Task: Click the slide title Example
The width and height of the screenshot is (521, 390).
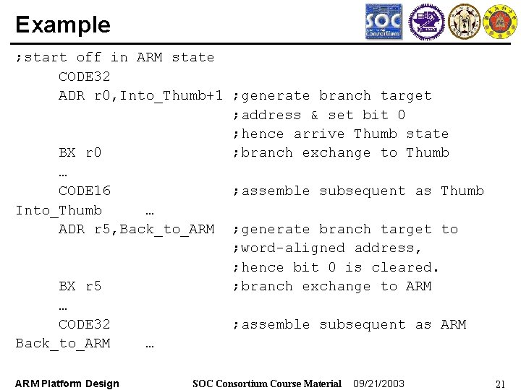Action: pyautogui.click(x=63, y=25)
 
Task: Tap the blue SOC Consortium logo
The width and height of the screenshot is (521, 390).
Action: pyautogui.click(x=384, y=22)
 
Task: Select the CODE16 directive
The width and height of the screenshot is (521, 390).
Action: pyautogui.click(x=85, y=191)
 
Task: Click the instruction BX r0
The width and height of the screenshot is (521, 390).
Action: pyautogui.click(x=80, y=153)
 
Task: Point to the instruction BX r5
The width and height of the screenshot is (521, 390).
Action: pyautogui.click(x=80, y=287)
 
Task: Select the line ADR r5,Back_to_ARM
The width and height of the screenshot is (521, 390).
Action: pyautogui.click(x=136, y=230)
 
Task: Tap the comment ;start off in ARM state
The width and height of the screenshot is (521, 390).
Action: pyautogui.click(x=115, y=58)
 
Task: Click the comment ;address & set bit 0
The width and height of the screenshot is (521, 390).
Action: pyautogui.click(x=319, y=115)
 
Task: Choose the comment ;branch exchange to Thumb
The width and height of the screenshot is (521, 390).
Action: pyautogui.click(x=341, y=153)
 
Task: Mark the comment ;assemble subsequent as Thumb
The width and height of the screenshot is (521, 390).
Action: pyautogui.click(x=358, y=191)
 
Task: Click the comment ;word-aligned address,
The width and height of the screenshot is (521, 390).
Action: pyautogui.click(x=328, y=248)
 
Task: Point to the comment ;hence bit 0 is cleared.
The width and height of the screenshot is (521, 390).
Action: pyautogui.click(x=336, y=268)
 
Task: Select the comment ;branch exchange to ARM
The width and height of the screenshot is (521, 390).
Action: pyautogui.click(x=332, y=287)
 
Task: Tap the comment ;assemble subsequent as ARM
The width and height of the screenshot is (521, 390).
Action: pyautogui.click(x=350, y=325)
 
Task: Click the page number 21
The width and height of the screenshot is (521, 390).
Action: pyautogui.click(x=499, y=383)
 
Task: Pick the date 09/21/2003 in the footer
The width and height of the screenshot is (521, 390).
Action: pyautogui.click(x=378, y=383)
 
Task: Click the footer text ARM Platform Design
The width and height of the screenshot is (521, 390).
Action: pyautogui.click(x=67, y=383)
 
